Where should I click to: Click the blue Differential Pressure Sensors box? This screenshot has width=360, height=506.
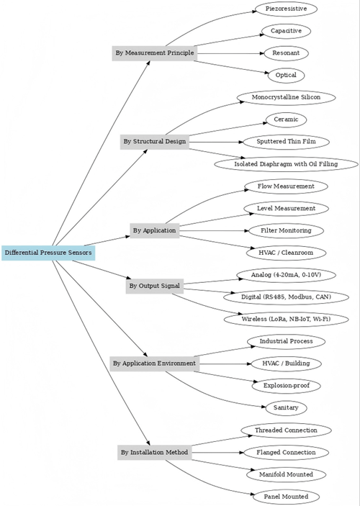[48, 253]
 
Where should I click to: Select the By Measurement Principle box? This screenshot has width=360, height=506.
[155, 53]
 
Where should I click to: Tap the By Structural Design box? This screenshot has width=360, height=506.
[155, 142]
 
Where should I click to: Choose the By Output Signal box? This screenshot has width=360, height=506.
[155, 286]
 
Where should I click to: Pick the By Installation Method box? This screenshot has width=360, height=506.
[155, 453]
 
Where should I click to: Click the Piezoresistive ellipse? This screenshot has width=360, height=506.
[286, 9]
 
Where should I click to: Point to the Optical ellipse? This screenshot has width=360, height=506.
[286, 76]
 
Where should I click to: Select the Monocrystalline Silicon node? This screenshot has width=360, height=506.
[286, 97]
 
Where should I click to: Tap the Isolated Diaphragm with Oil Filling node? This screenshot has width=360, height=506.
[286, 164]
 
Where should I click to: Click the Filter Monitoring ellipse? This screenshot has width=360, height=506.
[286, 231]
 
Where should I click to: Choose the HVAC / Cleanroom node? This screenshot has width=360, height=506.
[286, 253]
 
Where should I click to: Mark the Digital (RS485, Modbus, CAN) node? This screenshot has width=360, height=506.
[286, 297]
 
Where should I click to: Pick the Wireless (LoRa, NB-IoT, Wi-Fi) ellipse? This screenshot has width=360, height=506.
[286, 319]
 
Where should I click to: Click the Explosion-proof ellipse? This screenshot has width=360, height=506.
[286, 386]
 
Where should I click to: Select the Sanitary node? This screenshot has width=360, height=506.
[286, 408]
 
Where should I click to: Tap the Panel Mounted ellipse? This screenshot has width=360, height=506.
[286, 497]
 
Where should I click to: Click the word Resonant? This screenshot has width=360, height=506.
[286, 53]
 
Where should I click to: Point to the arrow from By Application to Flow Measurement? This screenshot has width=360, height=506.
[204, 201]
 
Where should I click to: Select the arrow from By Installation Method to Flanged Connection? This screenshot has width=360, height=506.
[218, 453]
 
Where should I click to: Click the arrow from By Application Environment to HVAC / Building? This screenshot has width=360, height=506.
[225, 363]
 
